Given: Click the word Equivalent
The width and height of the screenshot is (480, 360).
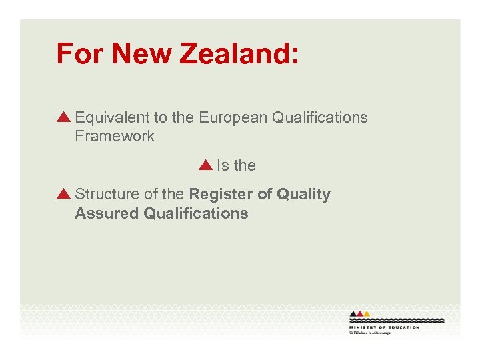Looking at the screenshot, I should click(113, 118).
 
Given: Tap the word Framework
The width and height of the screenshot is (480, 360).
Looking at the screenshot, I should click(115, 137).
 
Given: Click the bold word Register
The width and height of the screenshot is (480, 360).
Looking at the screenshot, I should click(221, 195).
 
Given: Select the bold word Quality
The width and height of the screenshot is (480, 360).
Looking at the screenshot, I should click(303, 195).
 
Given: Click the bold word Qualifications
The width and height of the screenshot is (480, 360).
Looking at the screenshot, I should click(196, 213).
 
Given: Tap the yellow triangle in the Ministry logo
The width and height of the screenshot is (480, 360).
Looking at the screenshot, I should click(366, 313).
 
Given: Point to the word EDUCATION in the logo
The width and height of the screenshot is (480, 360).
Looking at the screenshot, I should click(405, 327).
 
